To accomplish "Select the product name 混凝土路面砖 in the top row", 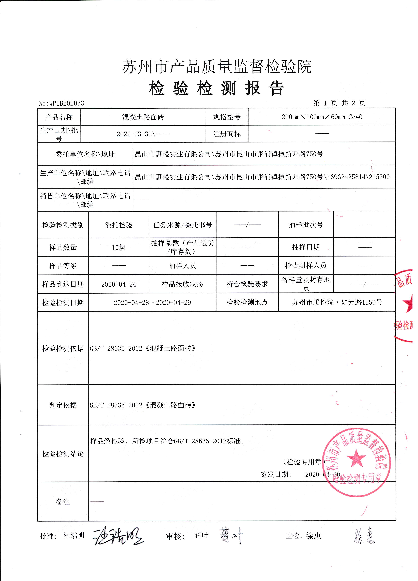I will click(143, 117).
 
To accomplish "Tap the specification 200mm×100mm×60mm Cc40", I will click(322, 117).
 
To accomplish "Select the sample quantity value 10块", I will click(119, 247).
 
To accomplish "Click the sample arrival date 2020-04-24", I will click(119, 284).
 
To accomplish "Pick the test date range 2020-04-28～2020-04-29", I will click(152, 303).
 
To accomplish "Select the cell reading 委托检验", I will click(119, 225).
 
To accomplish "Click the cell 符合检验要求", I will click(247, 284).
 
